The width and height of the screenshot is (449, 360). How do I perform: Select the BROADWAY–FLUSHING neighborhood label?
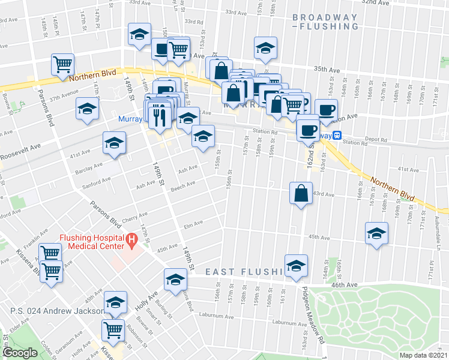pos(325,22)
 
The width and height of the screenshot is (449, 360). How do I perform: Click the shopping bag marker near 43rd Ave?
pos(300,194)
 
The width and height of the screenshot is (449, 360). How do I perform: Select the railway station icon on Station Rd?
pos(338,136)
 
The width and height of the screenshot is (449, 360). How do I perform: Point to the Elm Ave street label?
pos(193,224)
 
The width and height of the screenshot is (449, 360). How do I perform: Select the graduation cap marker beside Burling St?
pos(175,280)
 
